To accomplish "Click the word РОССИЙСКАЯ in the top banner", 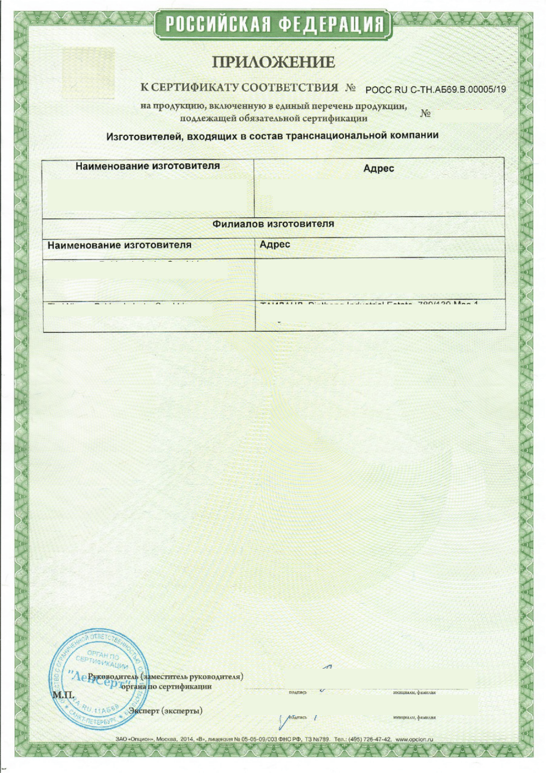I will point(217,25).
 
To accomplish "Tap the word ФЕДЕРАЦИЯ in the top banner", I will point(331,25).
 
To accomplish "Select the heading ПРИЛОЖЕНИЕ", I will point(273,62).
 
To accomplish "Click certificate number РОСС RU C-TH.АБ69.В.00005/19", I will point(435,90).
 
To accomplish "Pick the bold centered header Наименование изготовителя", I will point(147,166).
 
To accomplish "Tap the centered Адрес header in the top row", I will point(378,168).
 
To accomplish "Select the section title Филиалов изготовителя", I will point(273,224).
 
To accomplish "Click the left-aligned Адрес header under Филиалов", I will point(275,244).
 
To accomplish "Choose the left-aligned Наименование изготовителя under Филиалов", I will point(119,245).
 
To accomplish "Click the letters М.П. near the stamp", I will point(63,695).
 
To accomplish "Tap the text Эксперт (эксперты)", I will point(167,711).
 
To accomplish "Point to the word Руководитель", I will point(113,676).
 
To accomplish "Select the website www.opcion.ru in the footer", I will point(414,739).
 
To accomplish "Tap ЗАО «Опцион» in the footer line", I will point(134,739).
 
